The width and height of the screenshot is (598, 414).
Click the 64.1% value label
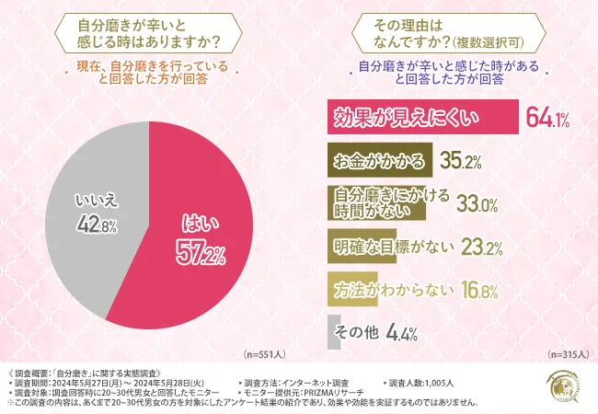(547, 118)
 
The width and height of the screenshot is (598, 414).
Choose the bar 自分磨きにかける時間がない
(376, 204)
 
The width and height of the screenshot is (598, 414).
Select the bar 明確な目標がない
(367, 247)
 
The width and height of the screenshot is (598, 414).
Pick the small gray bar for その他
(332, 333)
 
